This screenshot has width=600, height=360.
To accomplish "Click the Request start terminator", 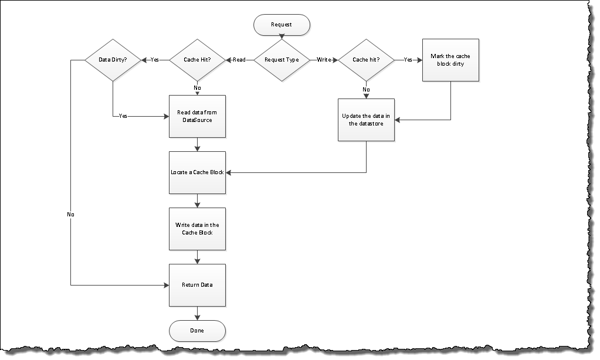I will tap(282, 25).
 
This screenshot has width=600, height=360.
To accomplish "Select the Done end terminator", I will tap(197, 331).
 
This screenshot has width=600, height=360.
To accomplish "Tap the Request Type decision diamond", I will tap(282, 60).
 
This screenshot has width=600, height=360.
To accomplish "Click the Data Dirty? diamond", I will tap(113, 60).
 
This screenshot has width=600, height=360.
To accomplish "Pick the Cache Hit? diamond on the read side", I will tap(197, 60).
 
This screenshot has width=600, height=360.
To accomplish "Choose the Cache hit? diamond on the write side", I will tap(366, 60).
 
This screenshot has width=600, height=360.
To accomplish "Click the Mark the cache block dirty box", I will tap(450, 60).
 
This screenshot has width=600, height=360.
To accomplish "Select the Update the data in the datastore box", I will tap(366, 120).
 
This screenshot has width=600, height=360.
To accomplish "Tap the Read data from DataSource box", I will tap(197, 116).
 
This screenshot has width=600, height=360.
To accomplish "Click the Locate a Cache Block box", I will tap(197, 172).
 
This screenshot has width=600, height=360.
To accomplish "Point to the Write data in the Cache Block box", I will tap(197, 229).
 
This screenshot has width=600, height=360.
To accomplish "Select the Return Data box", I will tap(197, 285).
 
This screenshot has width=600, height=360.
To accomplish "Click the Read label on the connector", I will tap(239, 60).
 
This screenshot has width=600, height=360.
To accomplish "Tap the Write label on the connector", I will tap(323, 60).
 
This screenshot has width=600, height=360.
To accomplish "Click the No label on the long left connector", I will tap(71, 215).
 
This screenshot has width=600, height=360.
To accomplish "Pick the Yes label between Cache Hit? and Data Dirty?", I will tap(155, 60).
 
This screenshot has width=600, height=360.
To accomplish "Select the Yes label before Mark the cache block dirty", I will tap(408, 60).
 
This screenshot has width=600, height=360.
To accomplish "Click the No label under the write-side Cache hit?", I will tap(366, 89).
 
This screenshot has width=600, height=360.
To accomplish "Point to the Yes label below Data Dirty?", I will tap(123, 116).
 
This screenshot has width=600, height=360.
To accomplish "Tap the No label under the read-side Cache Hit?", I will tap(197, 87).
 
